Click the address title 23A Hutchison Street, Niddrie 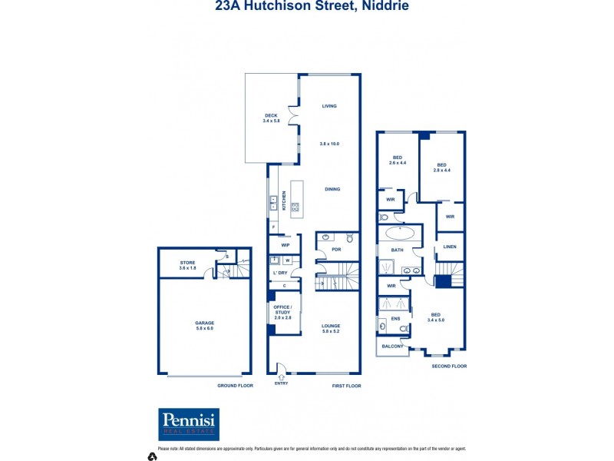(x=312, y=6)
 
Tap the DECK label (x=270, y=115)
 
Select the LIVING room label (x=329, y=106)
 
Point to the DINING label (x=332, y=189)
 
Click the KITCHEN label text (x=283, y=201)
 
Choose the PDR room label (x=336, y=250)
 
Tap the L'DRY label (x=279, y=274)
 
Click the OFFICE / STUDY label (x=282, y=310)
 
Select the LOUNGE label (x=331, y=326)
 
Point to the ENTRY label (x=281, y=383)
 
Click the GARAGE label (x=204, y=323)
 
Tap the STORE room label (x=188, y=263)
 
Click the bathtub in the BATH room (x=398, y=233)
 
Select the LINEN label (x=450, y=247)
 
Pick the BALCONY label (x=392, y=347)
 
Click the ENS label (x=396, y=318)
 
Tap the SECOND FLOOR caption (x=450, y=366)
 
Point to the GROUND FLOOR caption (x=235, y=386)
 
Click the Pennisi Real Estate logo (x=189, y=424)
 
